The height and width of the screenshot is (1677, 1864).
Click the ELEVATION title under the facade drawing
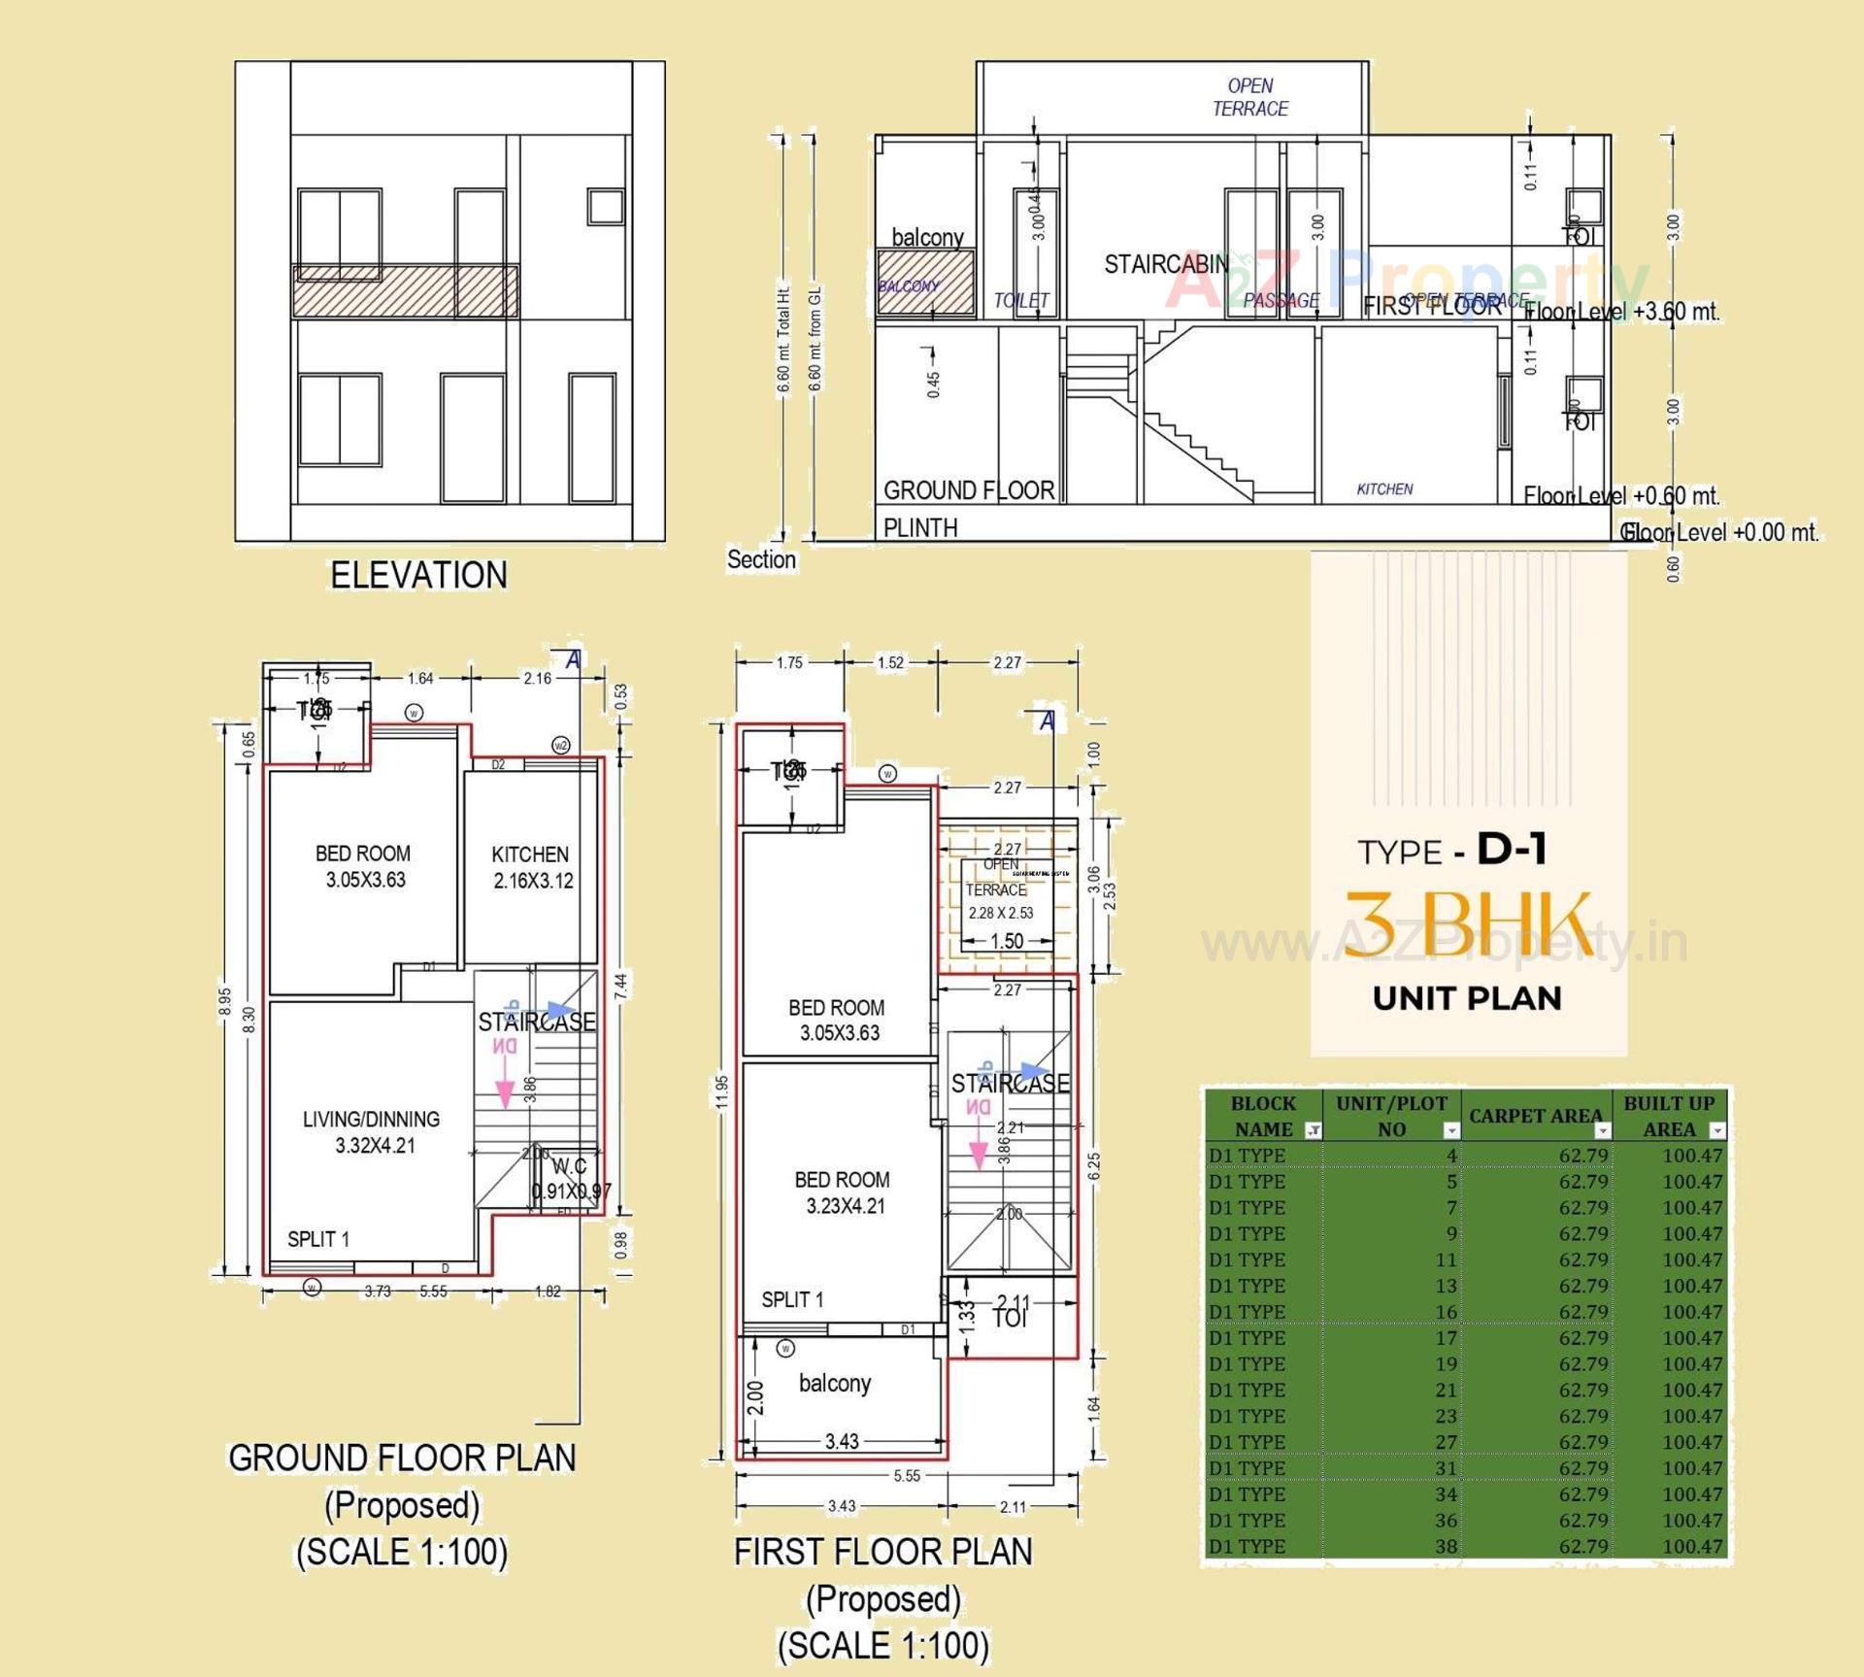(x=418, y=575)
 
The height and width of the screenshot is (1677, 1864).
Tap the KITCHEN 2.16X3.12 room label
(x=531, y=867)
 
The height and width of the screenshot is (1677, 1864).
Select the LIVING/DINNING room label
(x=372, y=1131)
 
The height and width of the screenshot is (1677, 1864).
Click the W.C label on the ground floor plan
(x=570, y=1166)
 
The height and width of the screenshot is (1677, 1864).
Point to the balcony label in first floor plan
(x=834, y=1383)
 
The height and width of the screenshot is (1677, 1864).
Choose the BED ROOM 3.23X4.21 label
(x=843, y=1192)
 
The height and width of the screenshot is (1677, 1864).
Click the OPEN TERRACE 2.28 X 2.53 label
(x=999, y=889)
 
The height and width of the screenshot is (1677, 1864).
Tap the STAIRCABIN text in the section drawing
(x=1165, y=264)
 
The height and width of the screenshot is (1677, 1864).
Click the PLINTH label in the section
(x=919, y=527)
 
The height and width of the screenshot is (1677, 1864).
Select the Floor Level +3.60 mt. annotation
(x=1621, y=312)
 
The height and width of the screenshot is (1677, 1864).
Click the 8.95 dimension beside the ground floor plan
(x=224, y=1002)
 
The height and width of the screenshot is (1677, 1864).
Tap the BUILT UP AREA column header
(x=1669, y=1116)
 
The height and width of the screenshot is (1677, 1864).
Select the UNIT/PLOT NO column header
(x=1390, y=1116)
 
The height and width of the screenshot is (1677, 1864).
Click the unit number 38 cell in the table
(x=1446, y=1546)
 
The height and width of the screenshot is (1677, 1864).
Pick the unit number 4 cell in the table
(x=1450, y=1156)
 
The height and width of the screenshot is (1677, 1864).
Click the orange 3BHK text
(x=1467, y=923)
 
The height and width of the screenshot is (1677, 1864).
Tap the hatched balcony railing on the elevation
(x=405, y=291)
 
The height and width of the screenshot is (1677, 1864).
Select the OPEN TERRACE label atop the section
(x=1249, y=97)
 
